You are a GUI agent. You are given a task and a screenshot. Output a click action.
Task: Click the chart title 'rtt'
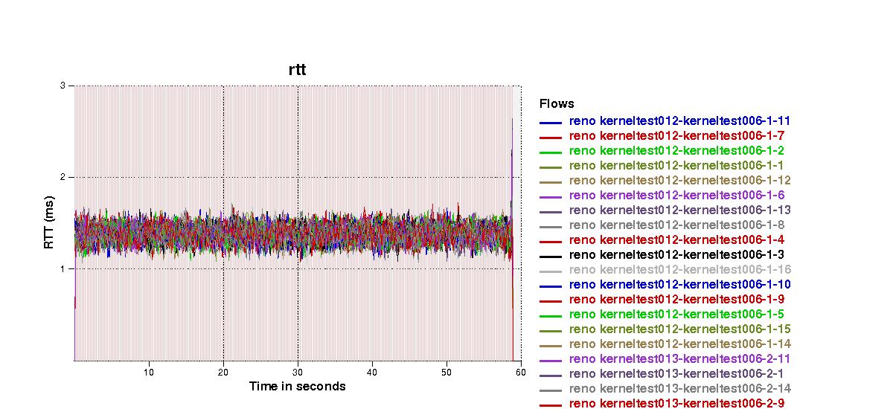pyautogui.click(x=297, y=70)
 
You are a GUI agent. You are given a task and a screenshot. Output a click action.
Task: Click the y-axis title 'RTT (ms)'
pyautogui.click(x=49, y=223)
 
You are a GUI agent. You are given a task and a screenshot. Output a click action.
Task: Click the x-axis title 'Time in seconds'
pyautogui.click(x=297, y=386)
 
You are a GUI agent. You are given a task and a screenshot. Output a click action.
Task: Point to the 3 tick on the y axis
pyautogui.click(x=62, y=86)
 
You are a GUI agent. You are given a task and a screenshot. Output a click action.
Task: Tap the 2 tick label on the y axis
pyautogui.click(x=62, y=177)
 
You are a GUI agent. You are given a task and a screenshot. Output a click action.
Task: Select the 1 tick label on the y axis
pyautogui.click(x=62, y=268)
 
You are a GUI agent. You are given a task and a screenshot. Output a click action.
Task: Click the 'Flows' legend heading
pyautogui.click(x=557, y=104)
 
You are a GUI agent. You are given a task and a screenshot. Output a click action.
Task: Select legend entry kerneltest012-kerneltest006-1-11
pyautogui.click(x=679, y=120)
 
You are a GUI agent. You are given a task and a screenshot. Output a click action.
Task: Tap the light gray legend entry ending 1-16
pyautogui.click(x=679, y=269)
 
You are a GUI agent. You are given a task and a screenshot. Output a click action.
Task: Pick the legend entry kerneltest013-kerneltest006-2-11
pyautogui.click(x=679, y=358)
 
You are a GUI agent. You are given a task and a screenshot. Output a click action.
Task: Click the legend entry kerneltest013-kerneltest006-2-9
pyautogui.click(x=676, y=403)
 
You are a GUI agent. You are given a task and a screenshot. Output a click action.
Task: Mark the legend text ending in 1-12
pyautogui.click(x=679, y=180)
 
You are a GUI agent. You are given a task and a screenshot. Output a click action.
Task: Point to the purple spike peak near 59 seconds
pyautogui.click(x=512, y=119)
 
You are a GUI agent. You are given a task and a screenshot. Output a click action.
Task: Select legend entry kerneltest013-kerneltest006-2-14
pyautogui.click(x=679, y=388)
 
